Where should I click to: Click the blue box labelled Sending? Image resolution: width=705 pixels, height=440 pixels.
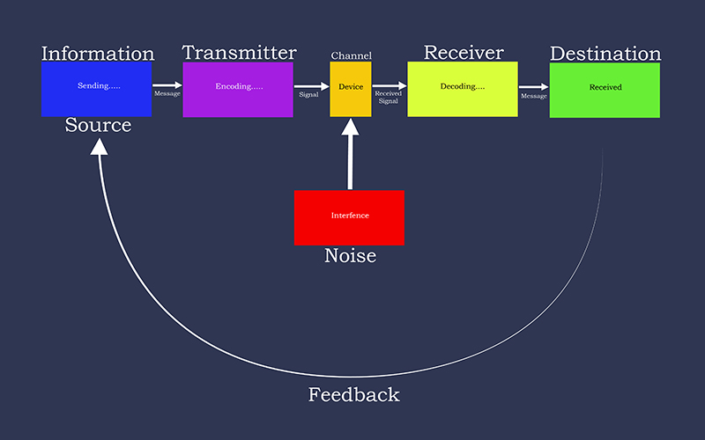(x=96, y=89)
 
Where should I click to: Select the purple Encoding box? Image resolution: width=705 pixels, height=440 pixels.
(x=238, y=90)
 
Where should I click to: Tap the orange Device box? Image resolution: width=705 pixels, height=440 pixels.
(x=351, y=90)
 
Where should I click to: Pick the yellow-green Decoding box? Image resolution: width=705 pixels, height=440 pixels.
(x=463, y=90)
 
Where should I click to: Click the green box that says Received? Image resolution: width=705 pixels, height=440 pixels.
(x=605, y=91)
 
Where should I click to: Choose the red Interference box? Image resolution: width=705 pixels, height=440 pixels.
(x=349, y=217)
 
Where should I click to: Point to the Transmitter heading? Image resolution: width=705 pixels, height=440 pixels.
(x=239, y=53)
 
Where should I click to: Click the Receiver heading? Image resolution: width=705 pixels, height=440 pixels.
(x=464, y=53)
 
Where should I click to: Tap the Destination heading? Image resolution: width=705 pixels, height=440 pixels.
(x=605, y=54)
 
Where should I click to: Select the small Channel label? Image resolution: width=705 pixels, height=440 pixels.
(x=351, y=55)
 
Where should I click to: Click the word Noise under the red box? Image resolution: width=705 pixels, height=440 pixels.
(x=350, y=255)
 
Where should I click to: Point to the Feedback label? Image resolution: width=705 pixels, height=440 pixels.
(x=354, y=394)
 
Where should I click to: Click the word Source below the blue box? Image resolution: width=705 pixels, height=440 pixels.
(x=98, y=125)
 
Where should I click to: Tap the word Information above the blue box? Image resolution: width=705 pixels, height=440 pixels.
(x=98, y=54)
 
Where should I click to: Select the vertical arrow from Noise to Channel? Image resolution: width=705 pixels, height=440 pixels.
(x=350, y=153)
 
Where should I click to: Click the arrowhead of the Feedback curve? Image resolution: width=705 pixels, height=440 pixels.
(x=99, y=146)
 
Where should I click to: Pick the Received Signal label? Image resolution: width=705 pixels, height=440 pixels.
(x=388, y=97)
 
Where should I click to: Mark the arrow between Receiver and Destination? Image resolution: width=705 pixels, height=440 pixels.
(x=534, y=86)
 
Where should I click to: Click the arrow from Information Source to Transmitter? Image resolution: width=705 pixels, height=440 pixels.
(x=167, y=84)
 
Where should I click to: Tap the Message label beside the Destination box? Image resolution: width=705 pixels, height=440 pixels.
(x=534, y=96)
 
